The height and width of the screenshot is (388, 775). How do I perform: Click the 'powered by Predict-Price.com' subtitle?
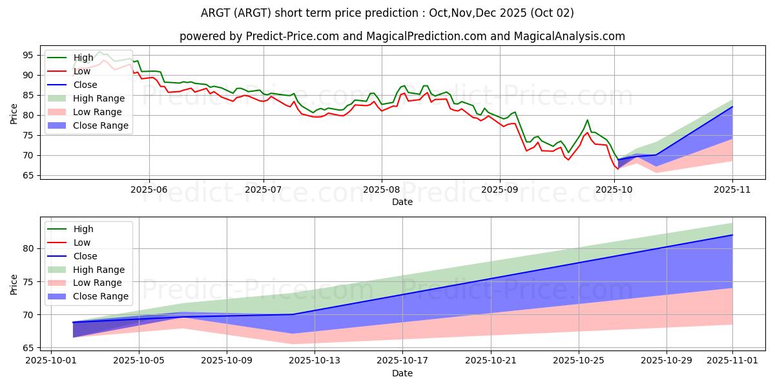(402, 36)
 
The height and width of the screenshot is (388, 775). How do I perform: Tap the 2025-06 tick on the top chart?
(149, 190)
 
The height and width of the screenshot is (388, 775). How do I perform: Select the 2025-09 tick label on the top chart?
(500, 190)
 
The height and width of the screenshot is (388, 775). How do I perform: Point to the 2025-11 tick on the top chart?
(732, 190)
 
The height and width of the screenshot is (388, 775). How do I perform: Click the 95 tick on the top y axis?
(28, 55)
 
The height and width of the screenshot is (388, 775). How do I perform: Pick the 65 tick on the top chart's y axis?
(28, 175)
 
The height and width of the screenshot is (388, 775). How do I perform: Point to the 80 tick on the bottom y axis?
(28, 248)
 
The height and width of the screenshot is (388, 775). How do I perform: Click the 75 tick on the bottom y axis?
(28, 281)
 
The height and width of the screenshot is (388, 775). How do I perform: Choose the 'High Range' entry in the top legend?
(101, 98)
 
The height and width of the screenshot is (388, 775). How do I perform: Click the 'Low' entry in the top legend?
(82, 71)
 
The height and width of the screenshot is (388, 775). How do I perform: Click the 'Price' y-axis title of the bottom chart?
(14, 285)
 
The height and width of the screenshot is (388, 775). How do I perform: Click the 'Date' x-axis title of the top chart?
(402, 202)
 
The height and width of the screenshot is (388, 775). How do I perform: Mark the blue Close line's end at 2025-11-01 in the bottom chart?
(732, 235)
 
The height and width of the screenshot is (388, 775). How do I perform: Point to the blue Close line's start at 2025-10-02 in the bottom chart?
(73, 322)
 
